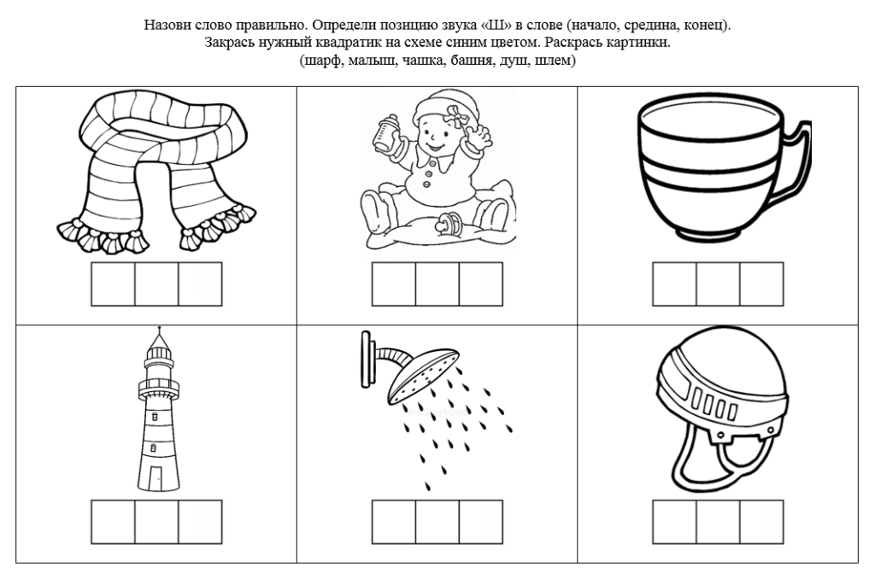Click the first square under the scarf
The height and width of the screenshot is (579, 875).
tap(114, 284)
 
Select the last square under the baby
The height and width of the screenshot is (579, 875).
tap(481, 284)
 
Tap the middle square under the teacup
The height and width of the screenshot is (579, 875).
tap(718, 284)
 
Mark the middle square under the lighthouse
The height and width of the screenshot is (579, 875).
tap(157, 522)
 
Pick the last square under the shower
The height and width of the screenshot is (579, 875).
tap(481, 522)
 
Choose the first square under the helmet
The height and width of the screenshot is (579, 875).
tap(675, 522)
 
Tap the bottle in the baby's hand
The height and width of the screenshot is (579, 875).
tap(387, 132)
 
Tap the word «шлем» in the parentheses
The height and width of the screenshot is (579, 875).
tap(553, 61)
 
